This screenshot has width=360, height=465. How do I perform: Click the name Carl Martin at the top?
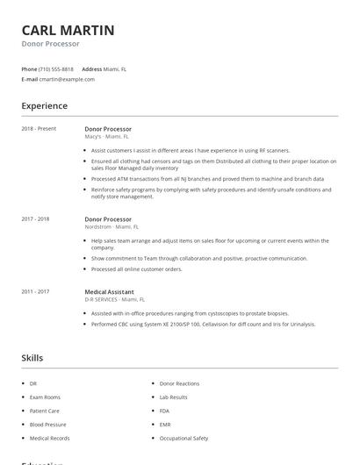click(x=68, y=30)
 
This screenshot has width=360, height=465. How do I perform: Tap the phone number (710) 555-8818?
click(x=56, y=68)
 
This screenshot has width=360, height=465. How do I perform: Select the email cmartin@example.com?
click(x=67, y=79)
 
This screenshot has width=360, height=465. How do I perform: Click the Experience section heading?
click(x=44, y=106)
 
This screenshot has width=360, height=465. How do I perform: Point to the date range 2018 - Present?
click(x=39, y=129)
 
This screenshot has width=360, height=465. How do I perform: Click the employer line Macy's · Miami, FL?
click(x=106, y=137)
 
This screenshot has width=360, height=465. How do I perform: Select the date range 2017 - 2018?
click(x=35, y=218)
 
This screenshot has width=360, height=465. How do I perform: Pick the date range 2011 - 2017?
click(x=35, y=291)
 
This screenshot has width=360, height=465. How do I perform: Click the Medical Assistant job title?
click(x=110, y=291)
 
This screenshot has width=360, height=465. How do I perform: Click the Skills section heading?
click(x=32, y=358)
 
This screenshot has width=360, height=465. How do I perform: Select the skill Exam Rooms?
click(x=45, y=397)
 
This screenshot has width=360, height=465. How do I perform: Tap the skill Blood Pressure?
click(x=47, y=424)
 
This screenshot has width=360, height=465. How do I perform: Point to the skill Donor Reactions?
click(x=179, y=383)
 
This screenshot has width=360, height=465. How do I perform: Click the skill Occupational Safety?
click(x=184, y=438)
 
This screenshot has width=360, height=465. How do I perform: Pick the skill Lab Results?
click(x=174, y=397)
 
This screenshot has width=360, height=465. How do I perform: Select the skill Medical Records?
click(x=49, y=438)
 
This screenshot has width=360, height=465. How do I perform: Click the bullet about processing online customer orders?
click(x=136, y=268)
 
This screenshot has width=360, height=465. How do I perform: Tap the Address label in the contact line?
click(x=92, y=68)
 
